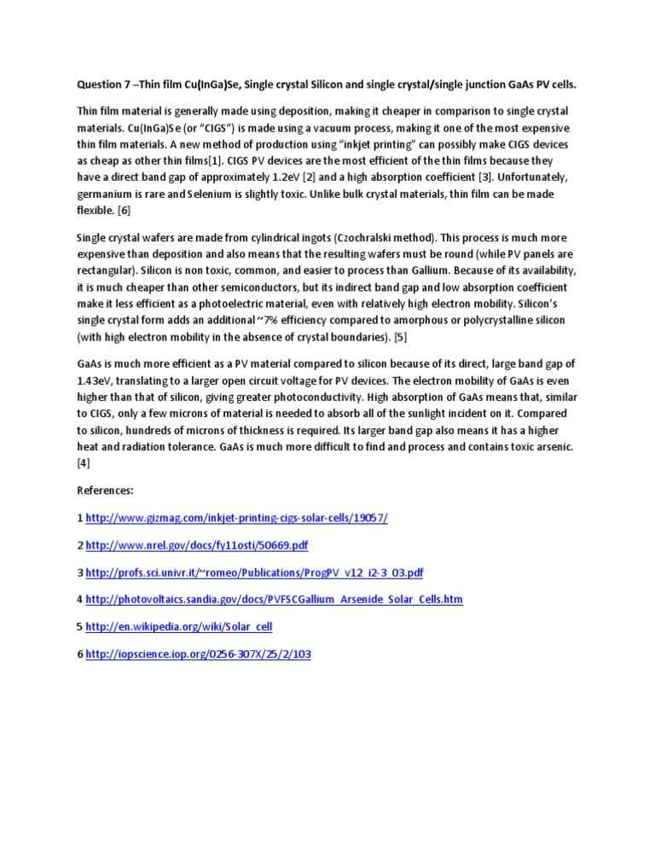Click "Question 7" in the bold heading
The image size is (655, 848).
click(105, 84)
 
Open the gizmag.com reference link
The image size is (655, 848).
click(236, 518)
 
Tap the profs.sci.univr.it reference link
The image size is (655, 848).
click(254, 572)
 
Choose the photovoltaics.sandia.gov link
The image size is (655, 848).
click(274, 599)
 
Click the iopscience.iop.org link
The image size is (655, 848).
click(199, 653)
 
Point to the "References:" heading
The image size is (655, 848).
click(105, 491)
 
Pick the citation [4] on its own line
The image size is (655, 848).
click(84, 462)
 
